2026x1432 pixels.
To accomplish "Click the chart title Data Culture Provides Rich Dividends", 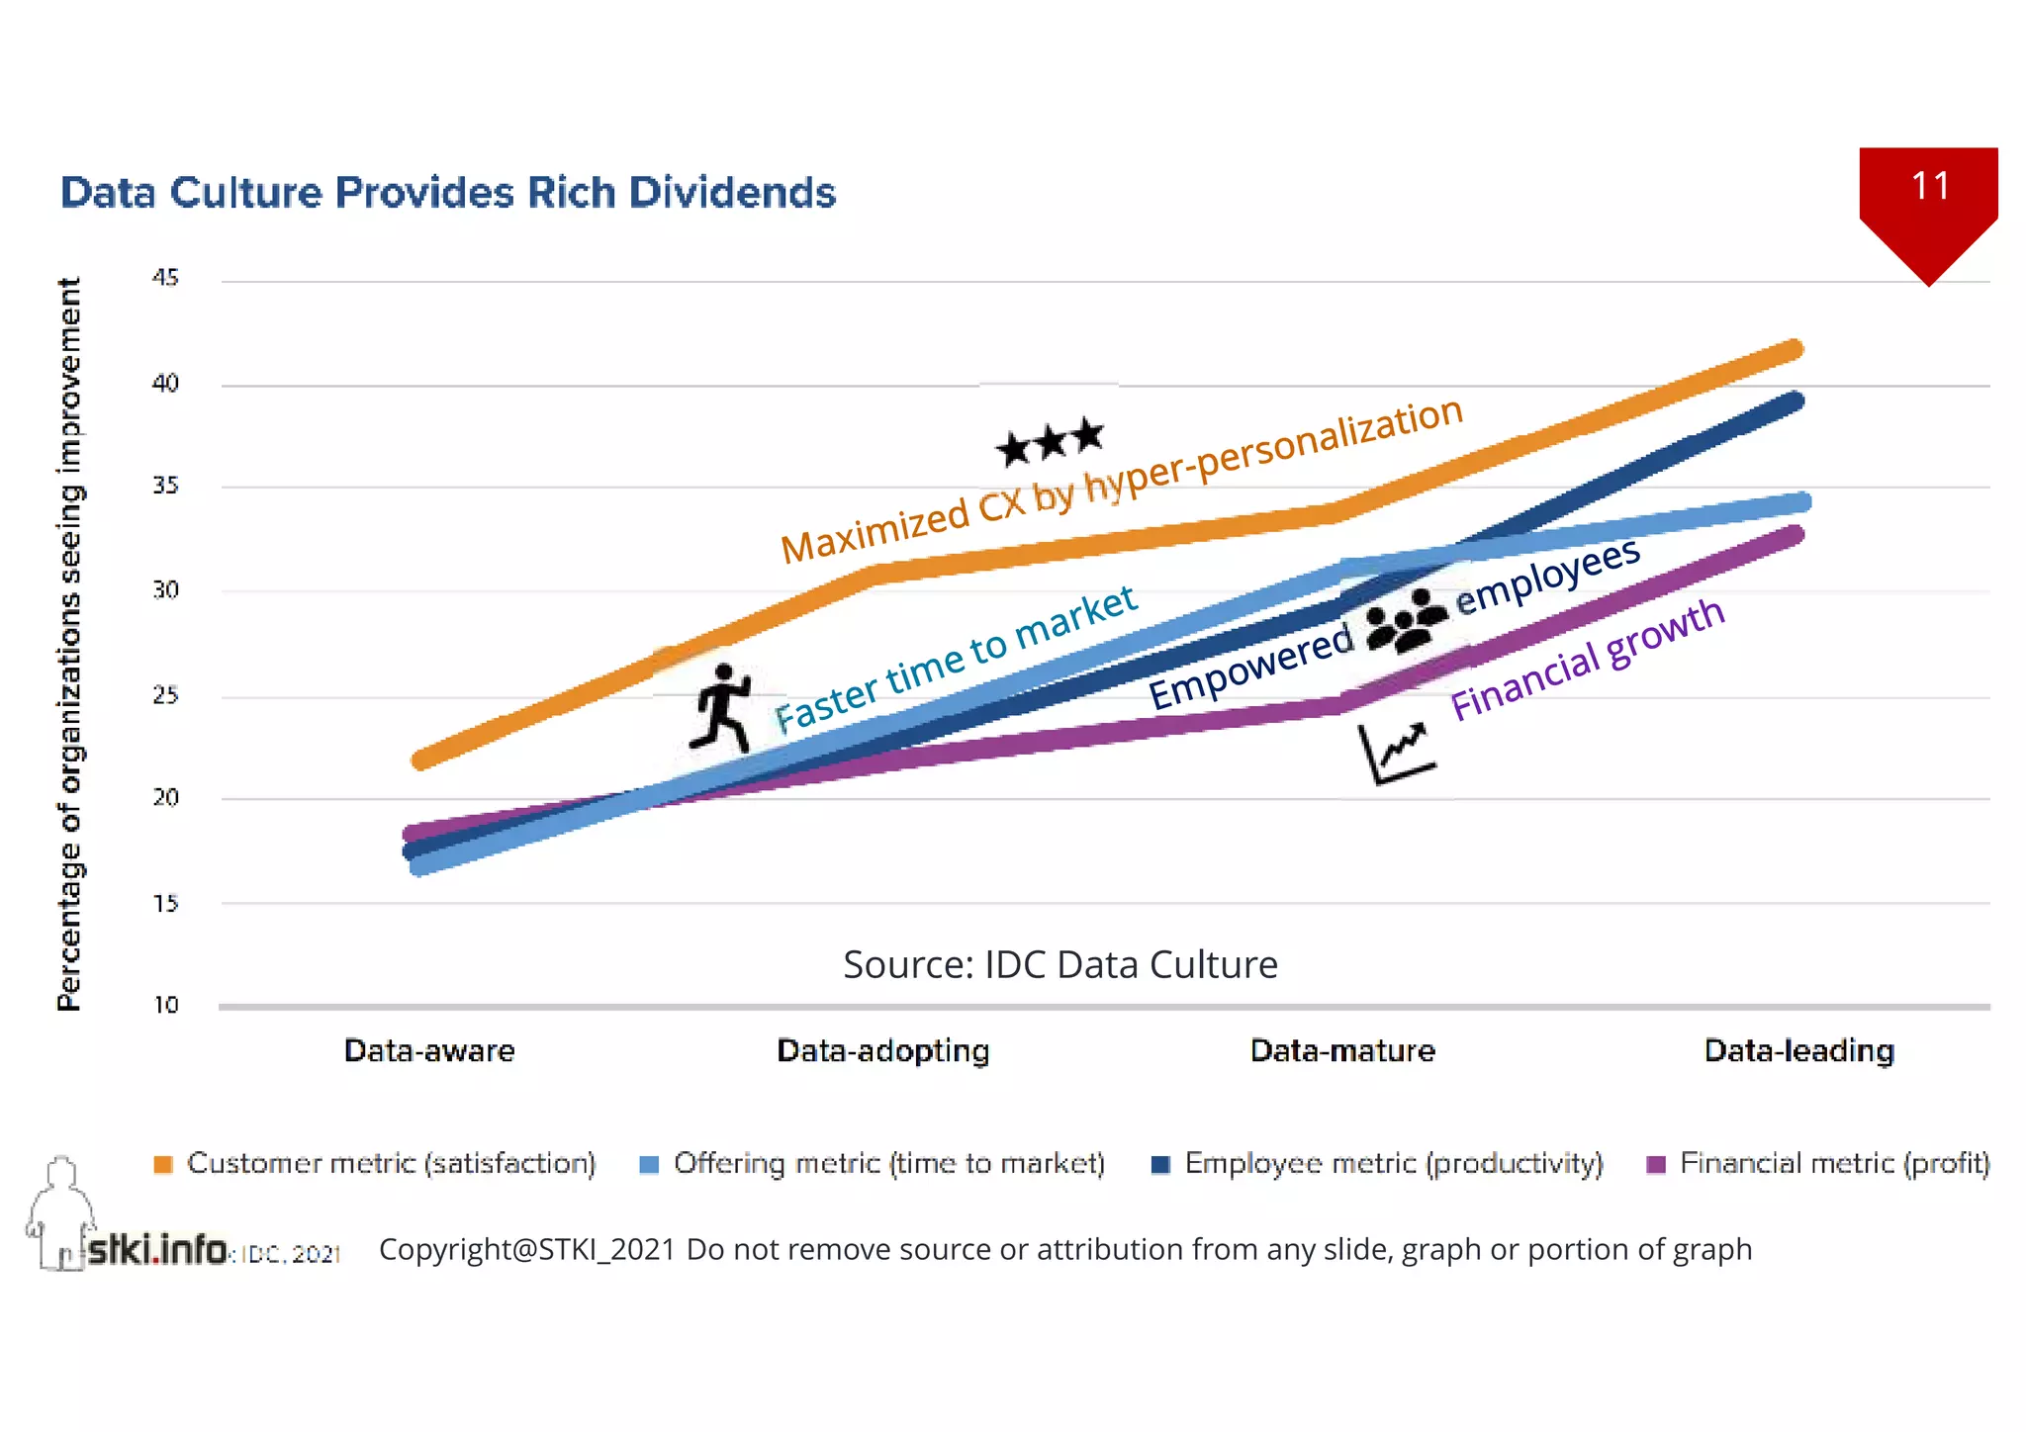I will click(x=448, y=193).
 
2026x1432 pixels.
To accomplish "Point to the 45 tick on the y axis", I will click(x=165, y=278).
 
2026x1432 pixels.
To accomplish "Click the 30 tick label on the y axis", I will click(x=165, y=590).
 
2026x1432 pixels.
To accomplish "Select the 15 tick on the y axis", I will click(x=165, y=903).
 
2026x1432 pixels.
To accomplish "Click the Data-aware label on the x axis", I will click(x=429, y=1050).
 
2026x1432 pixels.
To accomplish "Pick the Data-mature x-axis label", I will click(x=1342, y=1050).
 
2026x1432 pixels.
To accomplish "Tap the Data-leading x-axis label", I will click(x=1798, y=1050).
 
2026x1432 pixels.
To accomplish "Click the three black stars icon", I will click(x=1050, y=441).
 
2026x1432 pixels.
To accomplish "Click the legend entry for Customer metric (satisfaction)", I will click(x=376, y=1163).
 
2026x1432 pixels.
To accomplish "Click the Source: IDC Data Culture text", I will click(x=1059, y=964).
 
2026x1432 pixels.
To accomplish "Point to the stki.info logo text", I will click(x=156, y=1249).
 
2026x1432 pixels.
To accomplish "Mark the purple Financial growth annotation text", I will click(x=1587, y=660).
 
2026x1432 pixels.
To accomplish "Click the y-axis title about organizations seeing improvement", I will click(x=69, y=644).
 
